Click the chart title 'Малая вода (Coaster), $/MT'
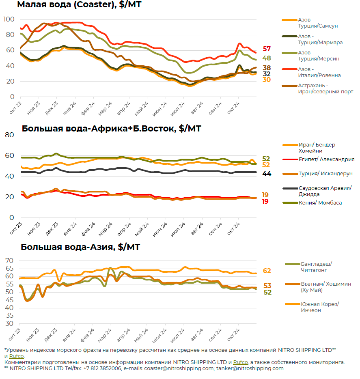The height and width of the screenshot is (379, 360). click(x=79, y=5)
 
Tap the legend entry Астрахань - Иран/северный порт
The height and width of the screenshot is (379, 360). click(x=325, y=88)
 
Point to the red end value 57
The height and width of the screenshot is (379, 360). click(x=267, y=49)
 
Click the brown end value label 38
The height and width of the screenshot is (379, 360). click(x=267, y=68)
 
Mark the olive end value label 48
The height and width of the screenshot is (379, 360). click(x=267, y=58)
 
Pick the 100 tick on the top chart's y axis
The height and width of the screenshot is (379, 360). click(x=9, y=19)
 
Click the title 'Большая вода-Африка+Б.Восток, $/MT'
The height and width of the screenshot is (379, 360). click(x=112, y=129)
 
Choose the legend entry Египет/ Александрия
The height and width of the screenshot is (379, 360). click(x=326, y=159)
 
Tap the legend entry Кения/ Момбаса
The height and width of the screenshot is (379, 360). click(x=320, y=203)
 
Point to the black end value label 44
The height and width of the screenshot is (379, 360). click(x=267, y=174)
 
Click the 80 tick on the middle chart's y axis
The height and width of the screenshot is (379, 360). click(x=9, y=135)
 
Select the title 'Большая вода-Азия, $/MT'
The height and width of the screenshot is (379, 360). click(x=80, y=247)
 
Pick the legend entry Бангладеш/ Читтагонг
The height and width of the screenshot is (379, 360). click(x=315, y=267)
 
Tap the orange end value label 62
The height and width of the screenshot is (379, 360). click(x=267, y=271)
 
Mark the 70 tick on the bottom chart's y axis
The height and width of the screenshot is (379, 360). click(x=9, y=261)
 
